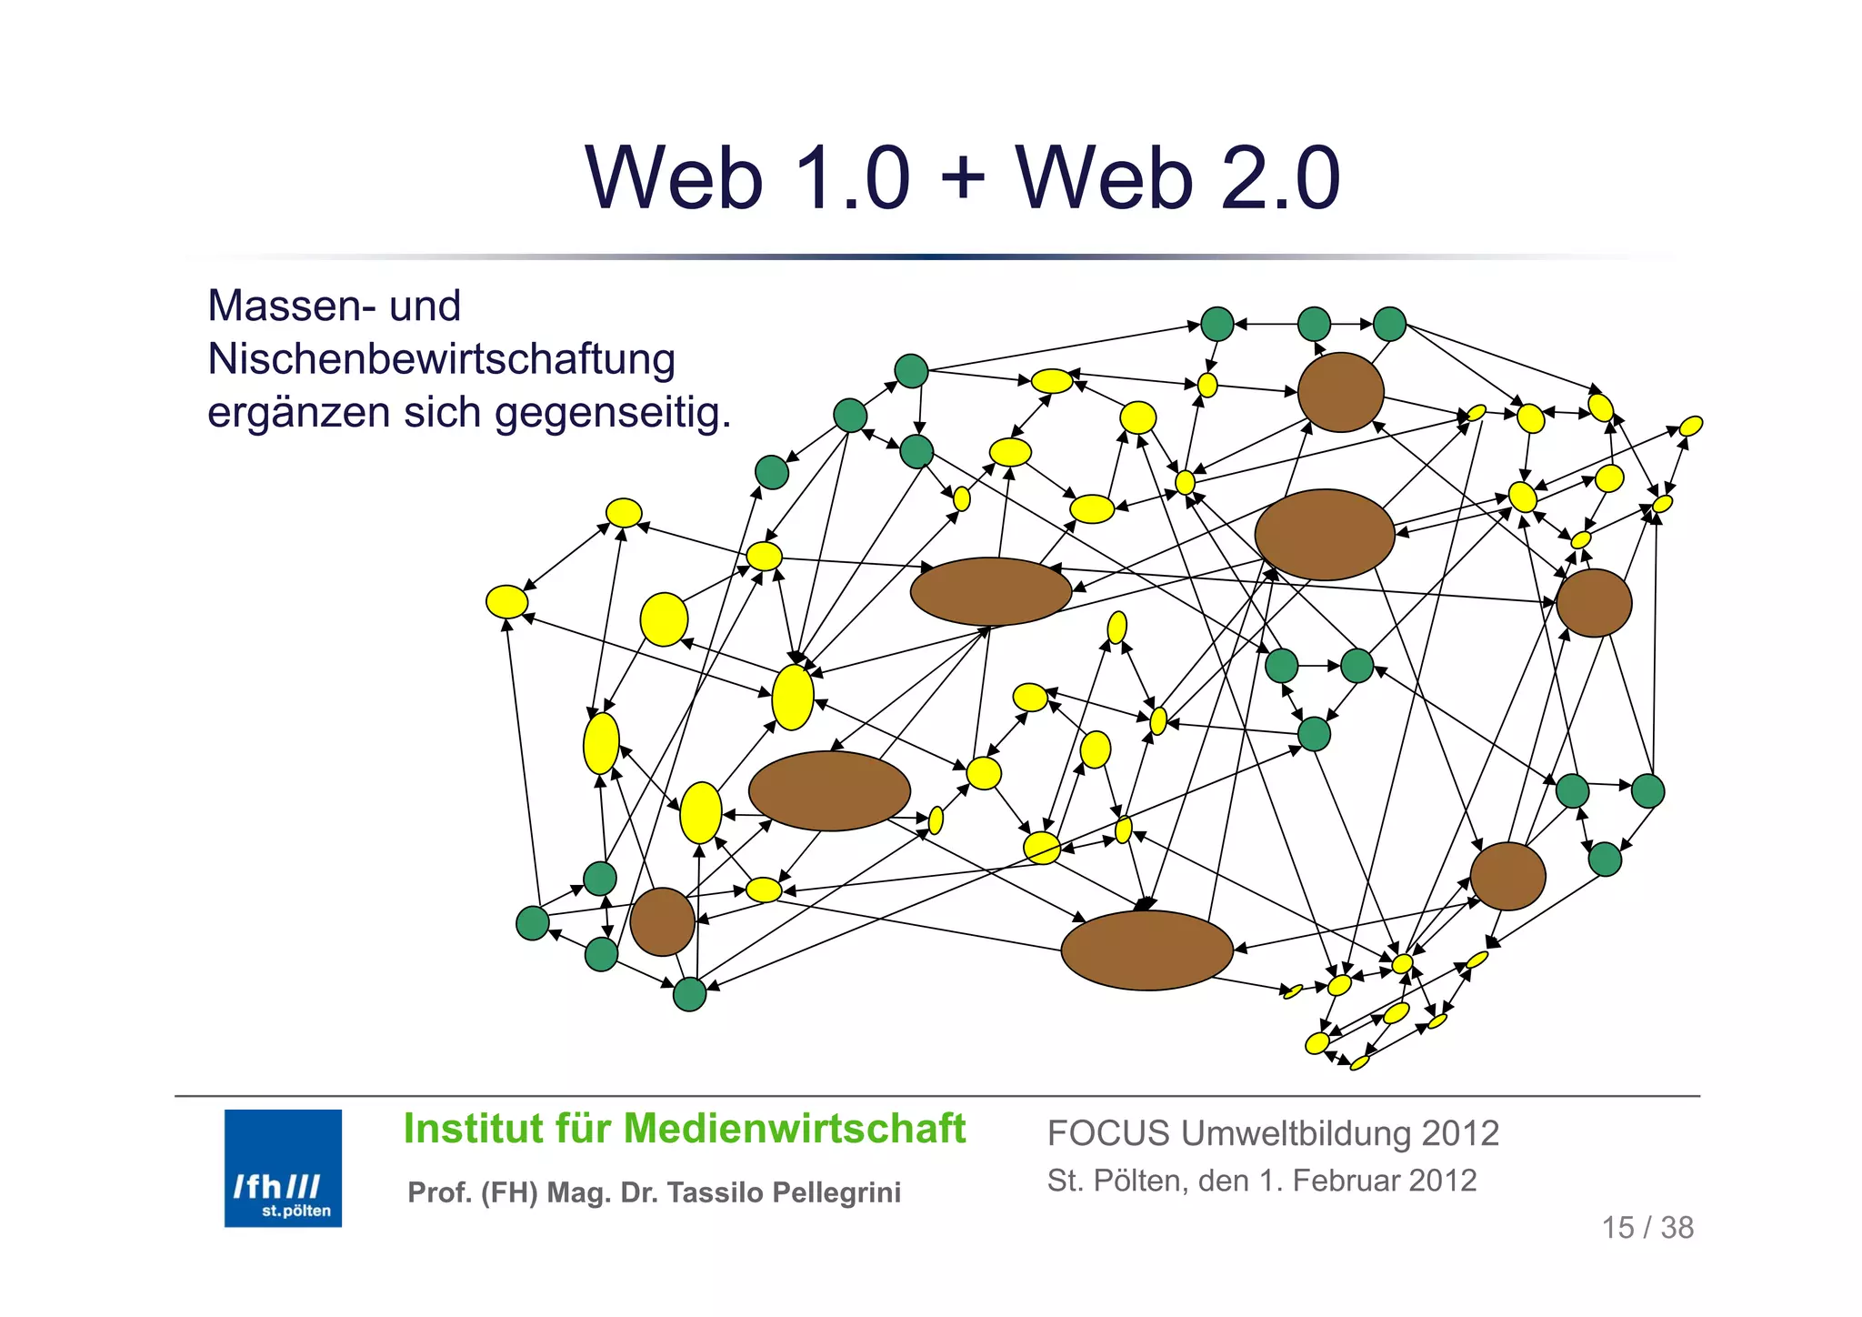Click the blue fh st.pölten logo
pos(283,1167)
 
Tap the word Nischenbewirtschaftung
pos(441,359)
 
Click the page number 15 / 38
pos(1647,1227)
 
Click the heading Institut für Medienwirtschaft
pos(684,1129)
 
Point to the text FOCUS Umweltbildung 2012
pos(1272,1133)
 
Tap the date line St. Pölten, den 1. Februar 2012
pos(1261,1181)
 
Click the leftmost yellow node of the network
pos(506,601)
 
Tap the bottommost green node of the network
pos(689,994)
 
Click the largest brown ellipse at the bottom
pos(1146,950)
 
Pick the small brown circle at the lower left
pos(662,921)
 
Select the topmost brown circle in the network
pos(1340,392)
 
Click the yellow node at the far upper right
pos(1690,426)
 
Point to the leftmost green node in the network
pos(532,922)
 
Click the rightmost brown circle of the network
pos(1593,602)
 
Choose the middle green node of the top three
pos(1313,324)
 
